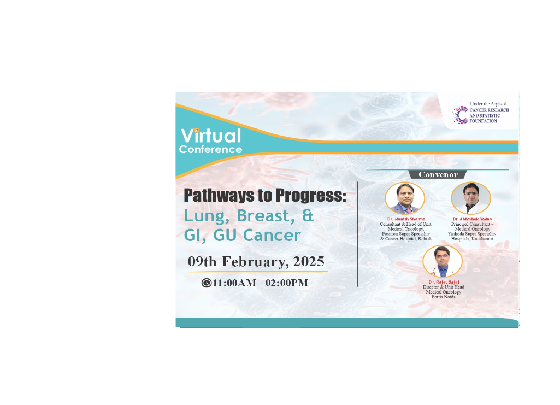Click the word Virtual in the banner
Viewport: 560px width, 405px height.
point(211,136)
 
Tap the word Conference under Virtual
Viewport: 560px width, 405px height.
point(210,149)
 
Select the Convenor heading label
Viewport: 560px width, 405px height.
point(438,175)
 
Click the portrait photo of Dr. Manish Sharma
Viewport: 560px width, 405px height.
point(405,198)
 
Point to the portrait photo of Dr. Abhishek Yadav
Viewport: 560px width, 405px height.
point(471,198)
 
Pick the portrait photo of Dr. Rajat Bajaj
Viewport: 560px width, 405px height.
point(443,261)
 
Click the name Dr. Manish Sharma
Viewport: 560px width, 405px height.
point(406,219)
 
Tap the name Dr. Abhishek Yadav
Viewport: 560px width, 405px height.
point(472,219)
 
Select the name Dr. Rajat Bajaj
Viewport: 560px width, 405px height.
point(444,282)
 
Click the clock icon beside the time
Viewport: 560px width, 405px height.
point(207,283)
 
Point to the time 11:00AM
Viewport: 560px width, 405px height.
point(234,283)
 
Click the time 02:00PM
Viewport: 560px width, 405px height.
point(287,283)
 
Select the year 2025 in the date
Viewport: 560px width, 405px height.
point(309,261)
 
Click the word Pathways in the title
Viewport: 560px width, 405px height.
point(219,195)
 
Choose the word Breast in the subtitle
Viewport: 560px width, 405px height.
point(266,216)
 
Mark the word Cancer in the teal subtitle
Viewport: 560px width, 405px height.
point(272,236)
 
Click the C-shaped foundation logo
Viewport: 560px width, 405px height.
point(461,115)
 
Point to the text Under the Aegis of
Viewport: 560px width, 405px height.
point(488,103)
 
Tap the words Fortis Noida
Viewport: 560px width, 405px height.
point(444,297)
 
